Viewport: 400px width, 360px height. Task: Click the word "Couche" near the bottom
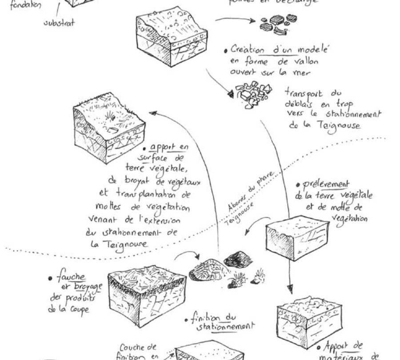(x=133, y=347)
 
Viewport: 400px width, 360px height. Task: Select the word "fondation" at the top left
(x=25, y=6)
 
